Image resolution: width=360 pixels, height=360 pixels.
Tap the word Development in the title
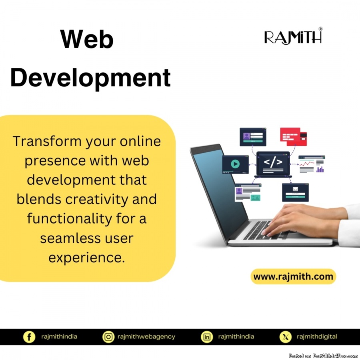tap(90, 78)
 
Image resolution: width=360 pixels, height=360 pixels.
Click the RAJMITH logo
tap(293, 36)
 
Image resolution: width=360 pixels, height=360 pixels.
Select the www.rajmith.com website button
tap(293, 276)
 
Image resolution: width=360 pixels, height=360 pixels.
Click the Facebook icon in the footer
tap(29, 337)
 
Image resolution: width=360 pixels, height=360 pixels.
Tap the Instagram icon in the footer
tap(108, 337)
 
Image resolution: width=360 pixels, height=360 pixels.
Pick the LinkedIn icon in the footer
tap(207, 337)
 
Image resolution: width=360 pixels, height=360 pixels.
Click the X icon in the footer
tap(285, 337)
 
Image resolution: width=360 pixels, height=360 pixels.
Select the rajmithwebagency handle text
tap(146, 337)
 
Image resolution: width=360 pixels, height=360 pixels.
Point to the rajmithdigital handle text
tap(317, 337)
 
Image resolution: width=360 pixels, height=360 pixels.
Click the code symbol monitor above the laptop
tap(273, 164)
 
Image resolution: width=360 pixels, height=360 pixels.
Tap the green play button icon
tap(235, 164)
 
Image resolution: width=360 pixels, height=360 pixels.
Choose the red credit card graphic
tap(294, 137)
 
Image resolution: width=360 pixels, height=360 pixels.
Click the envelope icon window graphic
tap(295, 192)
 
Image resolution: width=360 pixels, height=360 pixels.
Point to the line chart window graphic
tap(312, 164)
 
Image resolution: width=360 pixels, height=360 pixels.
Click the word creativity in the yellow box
tap(97, 199)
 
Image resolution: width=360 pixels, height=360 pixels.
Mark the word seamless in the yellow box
tap(70, 238)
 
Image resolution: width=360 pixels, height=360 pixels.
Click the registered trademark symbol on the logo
tap(320, 29)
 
